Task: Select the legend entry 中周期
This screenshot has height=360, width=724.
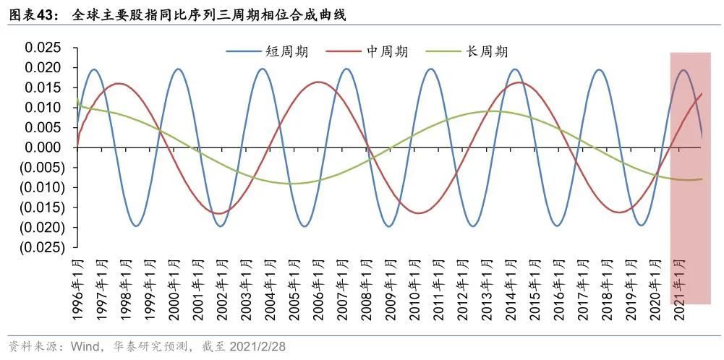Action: pos(388,51)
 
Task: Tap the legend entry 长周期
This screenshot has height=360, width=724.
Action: pos(487,51)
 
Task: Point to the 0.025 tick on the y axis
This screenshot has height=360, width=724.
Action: pos(44,48)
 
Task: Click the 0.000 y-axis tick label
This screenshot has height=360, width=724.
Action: pos(44,147)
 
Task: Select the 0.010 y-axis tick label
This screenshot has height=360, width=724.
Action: pos(44,108)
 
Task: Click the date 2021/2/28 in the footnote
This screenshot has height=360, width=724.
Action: pos(257,346)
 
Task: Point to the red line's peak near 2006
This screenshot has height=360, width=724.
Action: pos(319,82)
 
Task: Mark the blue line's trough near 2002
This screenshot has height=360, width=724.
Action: pos(221,226)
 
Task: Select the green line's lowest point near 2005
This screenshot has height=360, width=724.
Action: pos(293,183)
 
